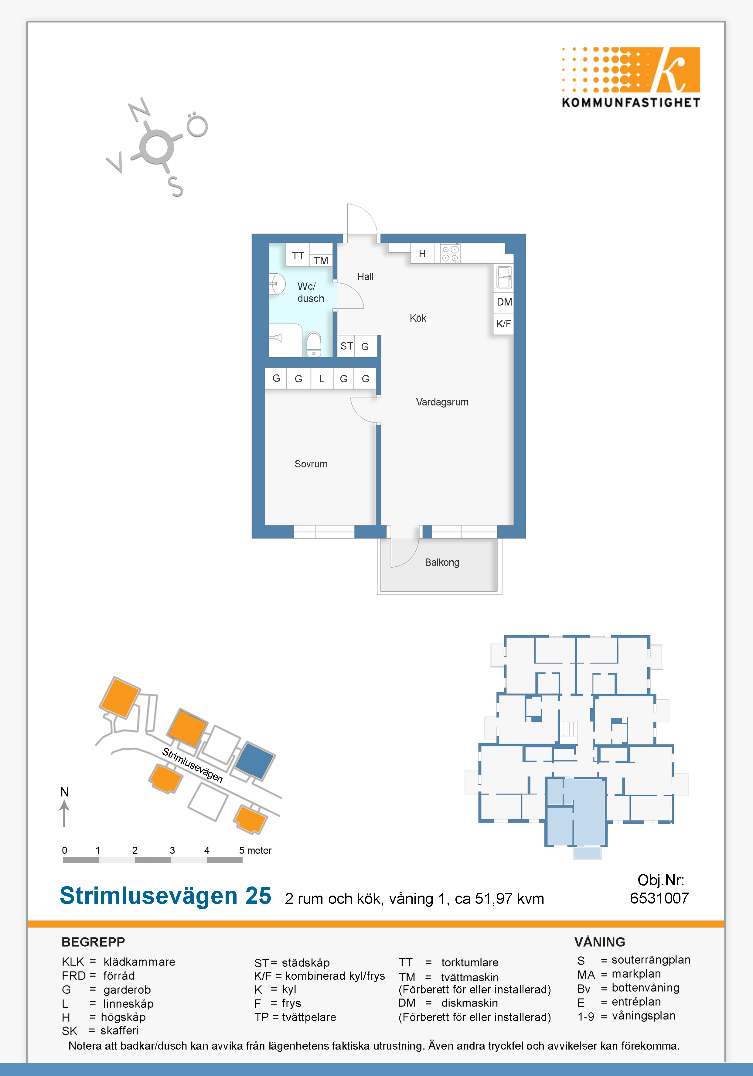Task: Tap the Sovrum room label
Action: point(311,464)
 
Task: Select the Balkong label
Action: point(442,562)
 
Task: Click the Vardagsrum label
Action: point(442,402)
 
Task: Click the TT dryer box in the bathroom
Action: point(298,255)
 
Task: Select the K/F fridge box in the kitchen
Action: point(504,324)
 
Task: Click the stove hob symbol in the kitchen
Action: point(450,254)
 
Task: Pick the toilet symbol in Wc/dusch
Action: point(313,344)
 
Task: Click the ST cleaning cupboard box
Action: point(346,346)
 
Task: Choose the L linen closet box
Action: point(322,379)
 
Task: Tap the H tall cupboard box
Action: point(422,254)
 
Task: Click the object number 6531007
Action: point(659,898)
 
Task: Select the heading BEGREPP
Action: point(93,942)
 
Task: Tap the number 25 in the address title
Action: point(258,896)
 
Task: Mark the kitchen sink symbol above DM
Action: point(504,276)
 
